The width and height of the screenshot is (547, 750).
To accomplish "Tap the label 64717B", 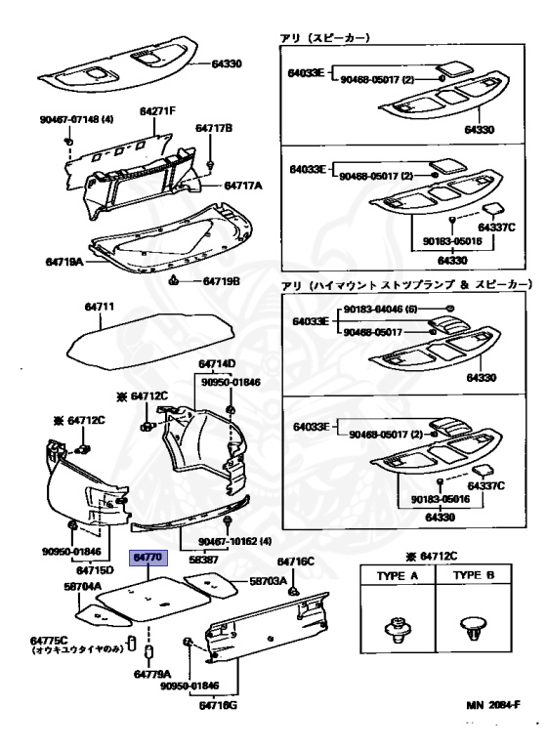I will [x=213, y=128].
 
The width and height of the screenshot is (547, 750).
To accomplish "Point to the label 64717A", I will [x=244, y=184].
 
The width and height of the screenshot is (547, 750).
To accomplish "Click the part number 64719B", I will [x=222, y=281].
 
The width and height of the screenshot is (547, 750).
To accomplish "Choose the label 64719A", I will [x=63, y=263].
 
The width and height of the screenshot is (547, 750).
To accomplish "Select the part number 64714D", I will [x=218, y=363].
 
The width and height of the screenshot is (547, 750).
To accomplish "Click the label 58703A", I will [x=269, y=580].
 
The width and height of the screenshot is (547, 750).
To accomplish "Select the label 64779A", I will [x=152, y=674].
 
